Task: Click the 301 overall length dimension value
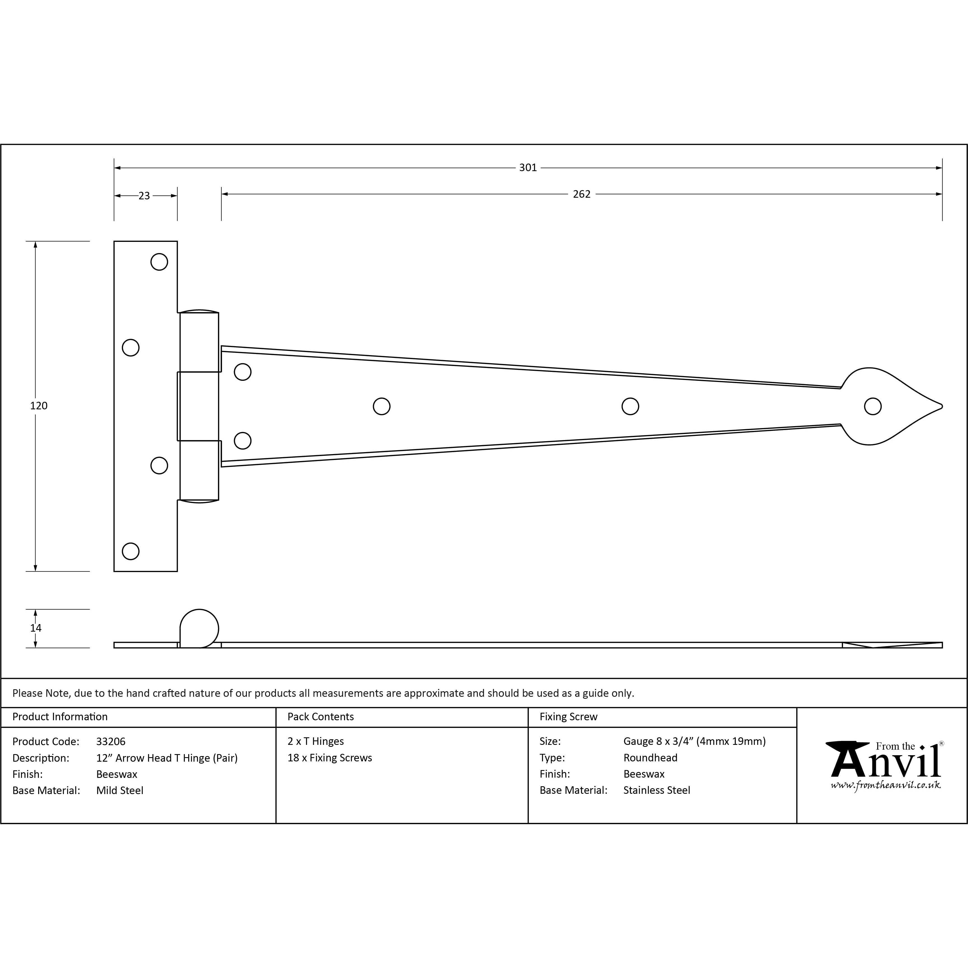[x=528, y=168]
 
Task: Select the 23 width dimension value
[x=144, y=196]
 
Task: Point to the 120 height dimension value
[x=39, y=406]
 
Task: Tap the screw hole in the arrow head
[x=873, y=406]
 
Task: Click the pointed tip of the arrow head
[x=942, y=406]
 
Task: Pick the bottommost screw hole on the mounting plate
[x=131, y=551]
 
